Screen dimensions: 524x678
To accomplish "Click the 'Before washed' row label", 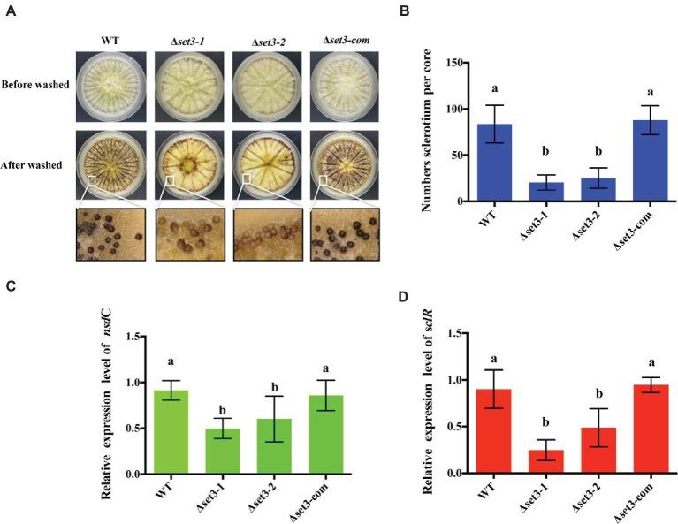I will click(37, 85).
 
